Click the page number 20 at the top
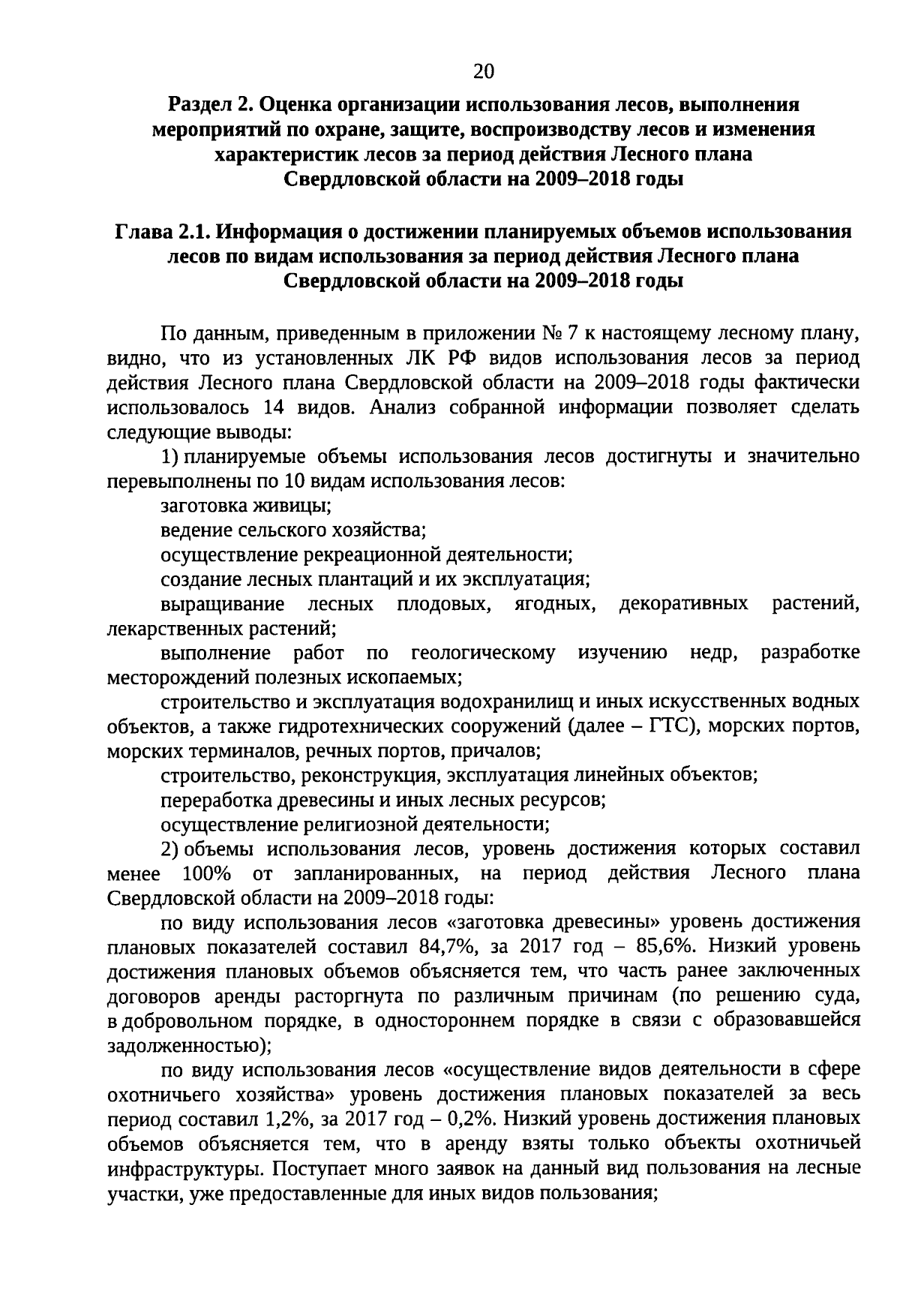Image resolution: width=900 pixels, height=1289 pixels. pos(484,71)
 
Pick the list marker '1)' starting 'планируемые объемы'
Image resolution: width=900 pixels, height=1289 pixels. pos(170,457)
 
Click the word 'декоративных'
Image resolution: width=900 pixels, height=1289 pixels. pos(683,604)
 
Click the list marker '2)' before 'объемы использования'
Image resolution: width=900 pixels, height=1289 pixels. pos(170,849)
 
